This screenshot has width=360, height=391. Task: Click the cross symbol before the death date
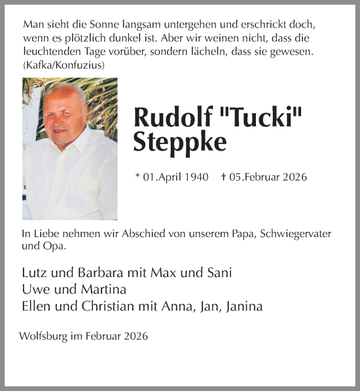pos(224,177)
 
